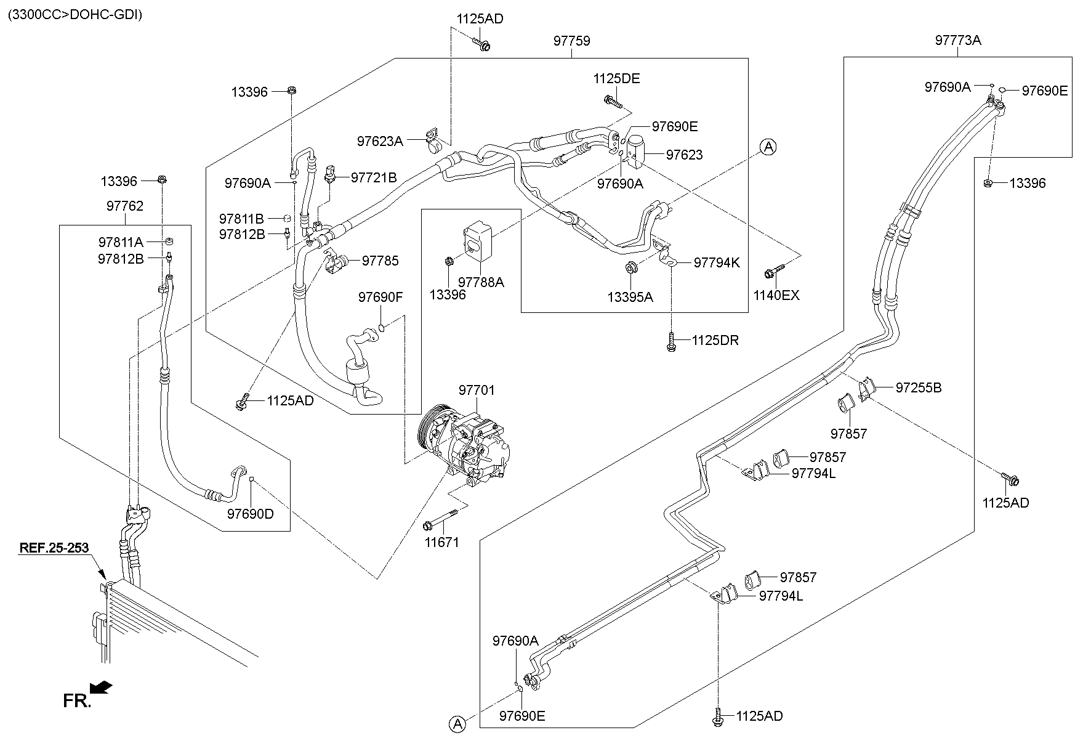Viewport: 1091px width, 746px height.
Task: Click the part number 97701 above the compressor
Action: coord(476,390)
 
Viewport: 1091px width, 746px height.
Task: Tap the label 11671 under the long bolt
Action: coord(441,543)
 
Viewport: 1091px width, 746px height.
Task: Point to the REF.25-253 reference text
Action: coord(54,547)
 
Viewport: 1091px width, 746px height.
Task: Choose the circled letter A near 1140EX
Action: coord(768,147)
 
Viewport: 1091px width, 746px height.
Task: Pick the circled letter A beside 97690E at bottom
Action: coord(457,725)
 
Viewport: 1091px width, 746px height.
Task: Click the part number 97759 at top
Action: coord(571,41)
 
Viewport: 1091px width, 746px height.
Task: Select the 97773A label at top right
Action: coord(957,41)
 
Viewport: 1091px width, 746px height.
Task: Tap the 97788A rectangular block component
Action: coord(477,239)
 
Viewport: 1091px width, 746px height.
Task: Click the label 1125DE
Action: coord(616,78)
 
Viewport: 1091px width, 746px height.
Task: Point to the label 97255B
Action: coord(918,387)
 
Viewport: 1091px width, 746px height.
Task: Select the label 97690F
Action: coord(380,298)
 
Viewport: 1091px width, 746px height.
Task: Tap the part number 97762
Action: coord(124,206)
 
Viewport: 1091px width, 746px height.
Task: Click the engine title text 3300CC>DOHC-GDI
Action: coord(74,15)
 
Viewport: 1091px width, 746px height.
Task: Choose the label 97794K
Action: coord(716,262)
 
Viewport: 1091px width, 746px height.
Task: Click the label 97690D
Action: coord(250,513)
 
